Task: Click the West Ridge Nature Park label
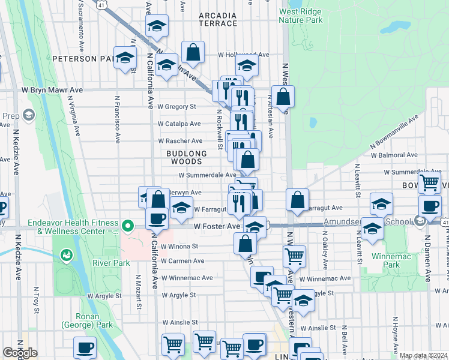pos(301,16)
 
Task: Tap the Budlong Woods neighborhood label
pos(186,157)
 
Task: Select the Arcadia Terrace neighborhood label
pos(218,19)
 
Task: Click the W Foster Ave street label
pos(217,226)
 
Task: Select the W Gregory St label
pos(176,106)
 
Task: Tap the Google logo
pos(20,353)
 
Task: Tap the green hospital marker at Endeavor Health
pos(127,226)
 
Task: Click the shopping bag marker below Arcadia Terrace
pos(193,52)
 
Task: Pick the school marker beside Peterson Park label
pos(125,58)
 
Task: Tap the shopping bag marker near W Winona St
pos(245,243)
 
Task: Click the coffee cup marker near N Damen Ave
pos(429,206)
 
